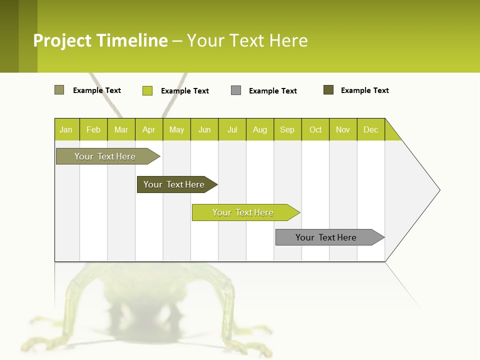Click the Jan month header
pos(66,129)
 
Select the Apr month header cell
pos(149,129)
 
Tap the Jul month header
pos(232,129)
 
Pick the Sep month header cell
pos(287,129)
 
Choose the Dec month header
pos(370,129)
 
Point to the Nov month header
pos(343,129)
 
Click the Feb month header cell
pos(93,129)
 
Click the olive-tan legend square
pos(59,90)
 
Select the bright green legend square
pos(147,90)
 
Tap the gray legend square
pos(236,90)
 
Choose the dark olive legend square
pos(328,90)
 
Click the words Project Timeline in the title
pos(100,40)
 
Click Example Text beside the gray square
pos(273,91)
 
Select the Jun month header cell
pos(204,129)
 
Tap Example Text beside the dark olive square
pos(365,90)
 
